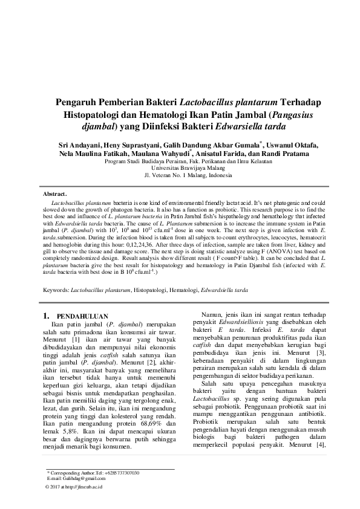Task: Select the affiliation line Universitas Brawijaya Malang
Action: click(x=180, y=169)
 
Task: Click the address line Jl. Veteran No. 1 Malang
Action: click(x=180, y=176)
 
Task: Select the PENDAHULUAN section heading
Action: click(x=82, y=316)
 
